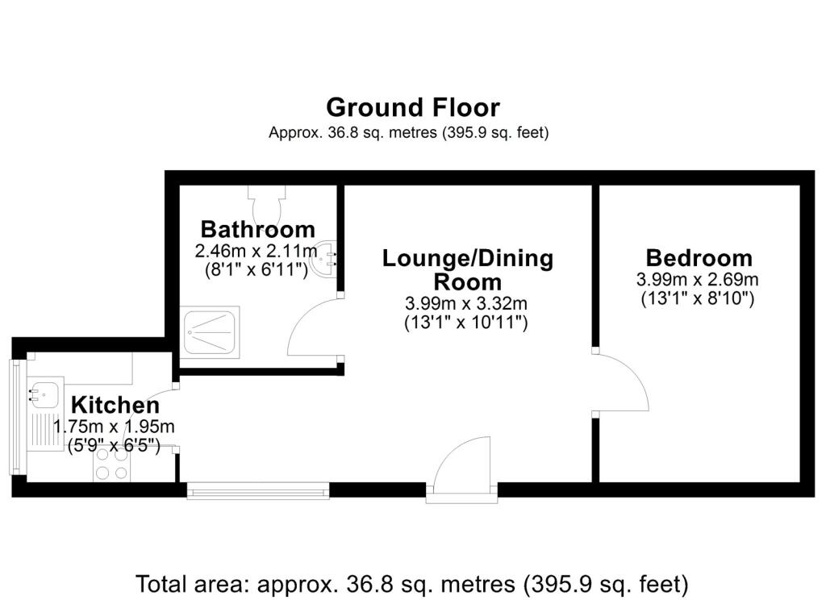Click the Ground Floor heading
[413, 107]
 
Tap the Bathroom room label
[258, 230]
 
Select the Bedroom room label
[699, 258]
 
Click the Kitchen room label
[115, 405]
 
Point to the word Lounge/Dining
[468, 259]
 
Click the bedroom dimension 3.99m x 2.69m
[698, 279]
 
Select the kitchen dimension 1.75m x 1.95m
[114, 426]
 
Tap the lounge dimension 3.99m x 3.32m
[466, 303]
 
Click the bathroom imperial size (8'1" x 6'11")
[256, 270]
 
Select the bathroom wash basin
[325, 258]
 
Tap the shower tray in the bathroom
[210, 333]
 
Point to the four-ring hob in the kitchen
[111, 464]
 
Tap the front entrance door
[462, 467]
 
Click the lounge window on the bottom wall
[258, 490]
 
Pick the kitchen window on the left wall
[17, 417]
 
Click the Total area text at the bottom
[412, 584]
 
